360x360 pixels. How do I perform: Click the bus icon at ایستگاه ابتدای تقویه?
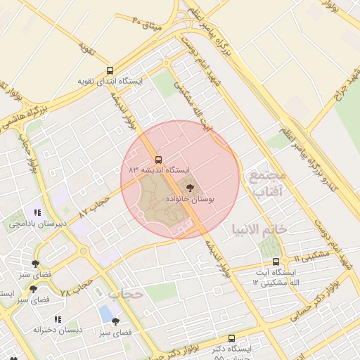[x=110, y=70]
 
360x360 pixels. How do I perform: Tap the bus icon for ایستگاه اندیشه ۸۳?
[x=158, y=160]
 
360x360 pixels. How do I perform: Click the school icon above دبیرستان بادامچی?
[x=37, y=212]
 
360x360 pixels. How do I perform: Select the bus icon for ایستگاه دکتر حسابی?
[x=232, y=338]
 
